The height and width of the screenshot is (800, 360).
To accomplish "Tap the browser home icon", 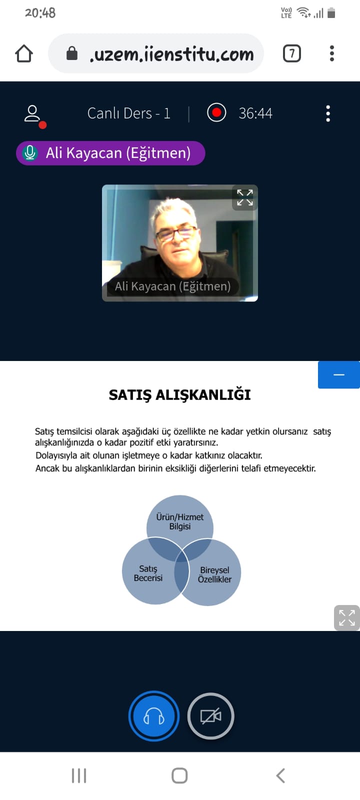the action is (24, 53).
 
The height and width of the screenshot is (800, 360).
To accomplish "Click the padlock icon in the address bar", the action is (72, 53).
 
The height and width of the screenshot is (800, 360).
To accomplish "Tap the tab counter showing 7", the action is (292, 53).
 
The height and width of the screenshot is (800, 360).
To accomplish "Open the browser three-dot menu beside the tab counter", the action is (332, 53).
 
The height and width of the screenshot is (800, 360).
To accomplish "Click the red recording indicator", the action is (216, 113).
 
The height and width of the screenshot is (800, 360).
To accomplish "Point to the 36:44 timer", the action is (255, 113).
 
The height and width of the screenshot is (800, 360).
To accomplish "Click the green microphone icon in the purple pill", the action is (30, 153).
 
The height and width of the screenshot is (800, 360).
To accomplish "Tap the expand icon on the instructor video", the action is (245, 197).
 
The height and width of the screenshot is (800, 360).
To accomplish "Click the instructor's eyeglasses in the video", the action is (176, 233).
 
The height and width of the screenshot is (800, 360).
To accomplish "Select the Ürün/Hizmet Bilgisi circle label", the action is (179, 521).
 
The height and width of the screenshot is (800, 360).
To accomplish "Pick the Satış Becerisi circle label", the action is (148, 573).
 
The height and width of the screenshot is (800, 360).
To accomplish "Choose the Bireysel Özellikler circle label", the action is (214, 574).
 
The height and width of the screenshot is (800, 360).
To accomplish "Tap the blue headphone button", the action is (154, 716).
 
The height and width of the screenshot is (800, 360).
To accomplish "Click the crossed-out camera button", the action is (210, 716).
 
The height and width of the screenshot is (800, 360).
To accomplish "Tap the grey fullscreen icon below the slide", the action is (347, 618).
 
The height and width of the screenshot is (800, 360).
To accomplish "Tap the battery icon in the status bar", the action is (331, 13).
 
